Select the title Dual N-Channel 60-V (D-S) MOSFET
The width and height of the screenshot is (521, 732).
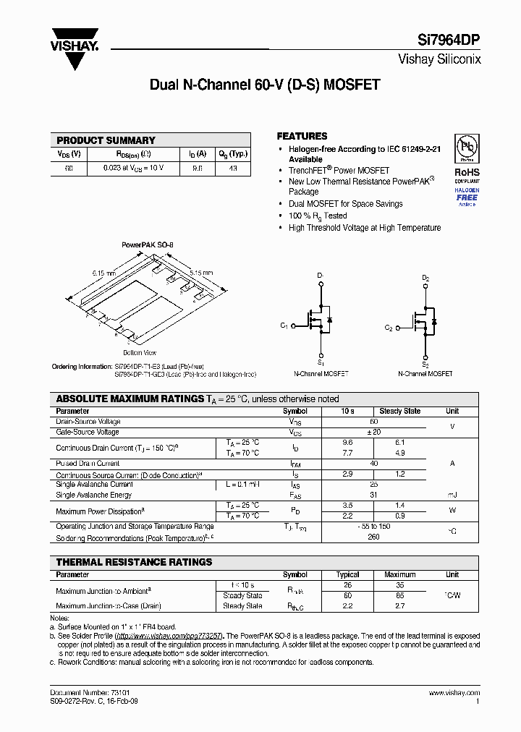265,85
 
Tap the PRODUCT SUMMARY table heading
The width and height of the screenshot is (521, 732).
106,140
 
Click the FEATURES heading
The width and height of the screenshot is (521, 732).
302,136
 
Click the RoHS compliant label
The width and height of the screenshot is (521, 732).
467,173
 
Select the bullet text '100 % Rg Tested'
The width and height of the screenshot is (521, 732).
318,216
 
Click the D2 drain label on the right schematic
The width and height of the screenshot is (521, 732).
425,278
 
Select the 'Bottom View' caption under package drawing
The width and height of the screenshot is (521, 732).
140,352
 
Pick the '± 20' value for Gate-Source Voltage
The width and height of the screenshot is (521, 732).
373,432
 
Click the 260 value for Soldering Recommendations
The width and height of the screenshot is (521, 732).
373,537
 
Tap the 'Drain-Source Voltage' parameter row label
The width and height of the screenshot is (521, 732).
88,422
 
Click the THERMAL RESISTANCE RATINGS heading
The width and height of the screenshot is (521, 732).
134,562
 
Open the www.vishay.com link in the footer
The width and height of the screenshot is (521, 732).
454,692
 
